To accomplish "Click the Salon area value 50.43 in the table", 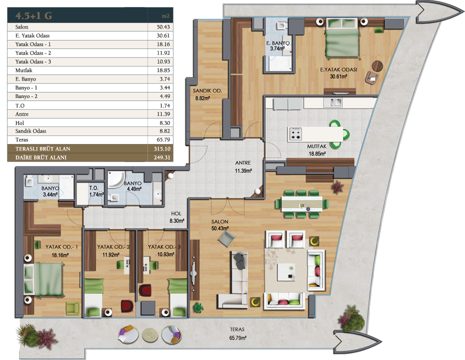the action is pyautogui.click(x=163, y=27).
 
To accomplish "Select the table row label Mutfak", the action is pyautogui.click(x=23, y=70).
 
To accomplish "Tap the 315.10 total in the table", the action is pyautogui.click(x=162, y=149).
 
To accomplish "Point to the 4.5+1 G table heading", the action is pyautogui.click(x=34, y=15).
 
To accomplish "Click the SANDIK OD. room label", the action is pyautogui.click(x=207, y=90).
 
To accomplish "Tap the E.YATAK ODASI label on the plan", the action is pyautogui.click(x=338, y=69).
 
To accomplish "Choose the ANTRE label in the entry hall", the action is pyautogui.click(x=243, y=163).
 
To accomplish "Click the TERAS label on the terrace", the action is pyautogui.click(x=237, y=329).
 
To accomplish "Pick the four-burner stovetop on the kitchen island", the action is pyautogui.click(x=295, y=133).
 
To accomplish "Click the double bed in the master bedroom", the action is pyautogui.click(x=342, y=38).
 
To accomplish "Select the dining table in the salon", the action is pyautogui.click(x=302, y=204).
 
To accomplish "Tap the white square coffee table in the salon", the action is pyautogui.click(x=286, y=272).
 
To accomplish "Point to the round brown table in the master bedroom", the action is pyautogui.click(x=377, y=66).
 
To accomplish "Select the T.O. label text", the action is pyautogui.click(x=93, y=188).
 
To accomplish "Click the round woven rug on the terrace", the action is pyautogui.click(x=150, y=335).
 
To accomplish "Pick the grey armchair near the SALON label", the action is pyautogui.click(x=227, y=239).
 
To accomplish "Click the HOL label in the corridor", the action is pyautogui.click(x=176, y=213).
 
